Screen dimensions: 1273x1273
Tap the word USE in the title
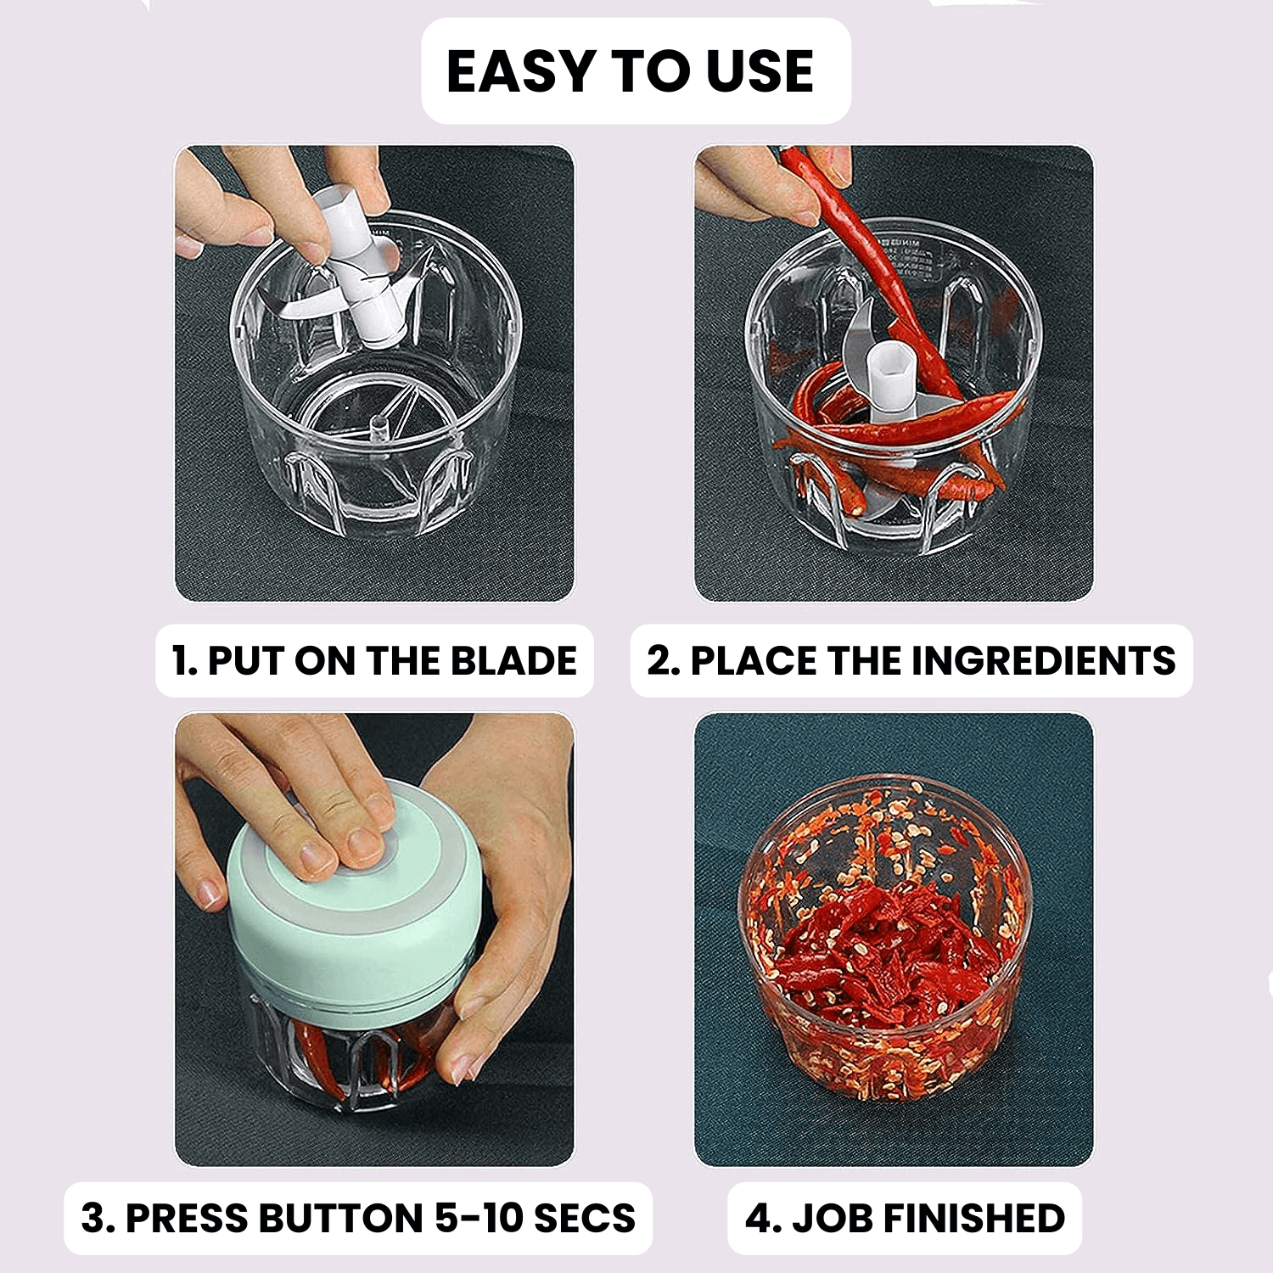[x=760, y=71]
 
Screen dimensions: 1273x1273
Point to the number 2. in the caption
[x=664, y=661]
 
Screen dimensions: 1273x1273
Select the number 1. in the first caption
[x=184, y=661]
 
